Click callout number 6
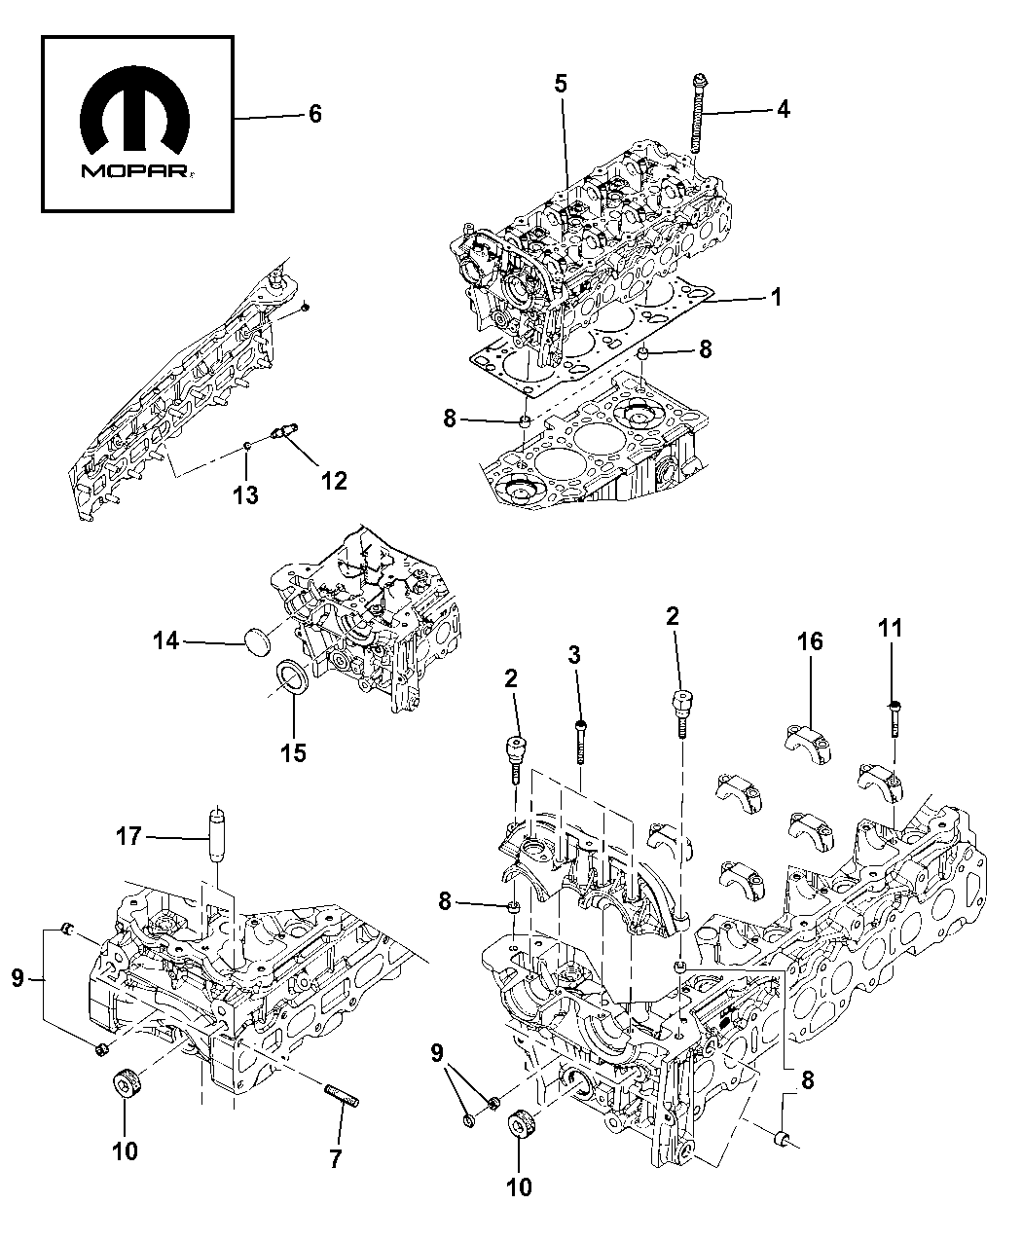tap(313, 115)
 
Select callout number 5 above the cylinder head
tap(561, 85)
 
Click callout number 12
tap(334, 480)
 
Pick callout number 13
tap(245, 495)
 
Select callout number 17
tap(128, 835)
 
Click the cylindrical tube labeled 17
tap(216, 833)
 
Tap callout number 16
tap(811, 641)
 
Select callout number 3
tap(574, 656)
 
